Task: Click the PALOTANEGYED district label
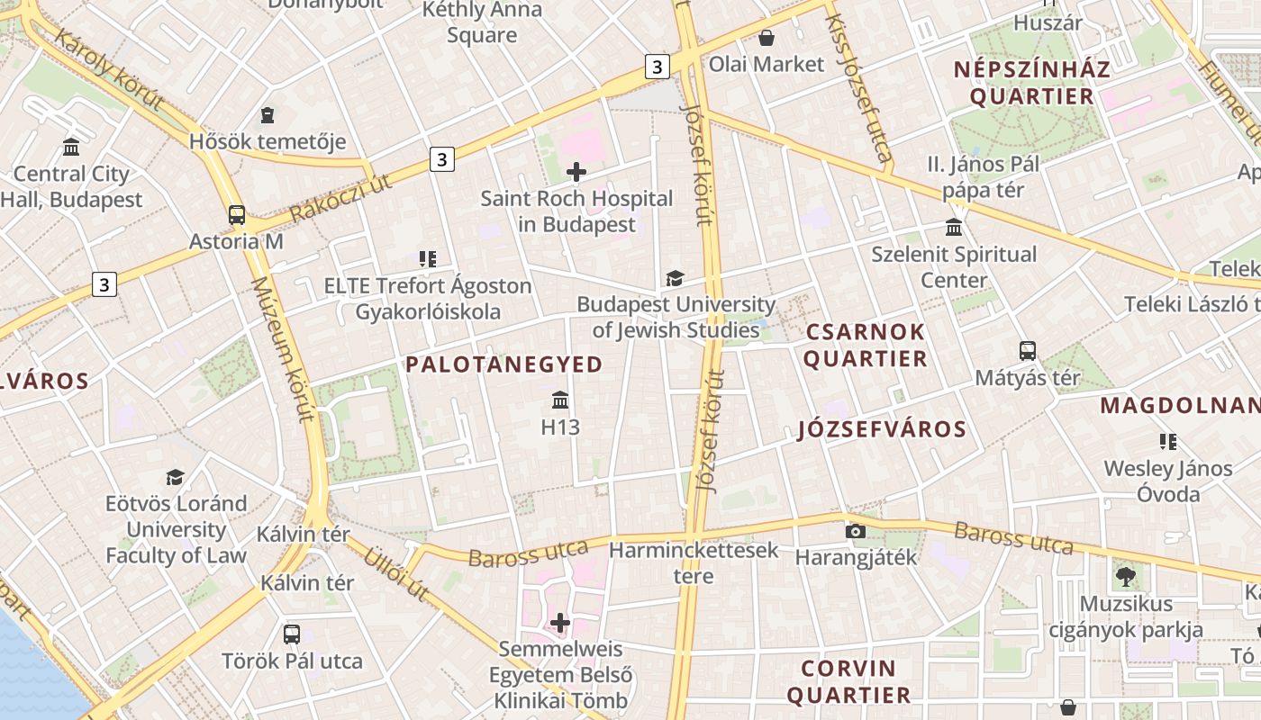[503, 364]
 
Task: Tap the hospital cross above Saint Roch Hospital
[576, 172]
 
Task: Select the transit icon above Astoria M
[236, 215]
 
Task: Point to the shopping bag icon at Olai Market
[767, 38]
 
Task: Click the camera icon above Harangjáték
[856, 531]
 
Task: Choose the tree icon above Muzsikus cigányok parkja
[1125, 576]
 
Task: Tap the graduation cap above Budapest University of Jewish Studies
[675, 278]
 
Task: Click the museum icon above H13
[560, 400]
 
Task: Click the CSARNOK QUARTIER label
[865, 345]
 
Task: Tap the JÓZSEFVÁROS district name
[882, 429]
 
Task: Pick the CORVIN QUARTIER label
[848, 681]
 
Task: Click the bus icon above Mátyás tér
[1028, 350]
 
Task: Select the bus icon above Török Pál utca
[292, 634]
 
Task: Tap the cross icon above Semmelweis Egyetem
[560, 622]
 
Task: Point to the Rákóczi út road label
[341, 198]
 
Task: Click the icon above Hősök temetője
[268, 114]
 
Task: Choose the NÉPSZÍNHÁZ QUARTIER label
[1032, 83]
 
